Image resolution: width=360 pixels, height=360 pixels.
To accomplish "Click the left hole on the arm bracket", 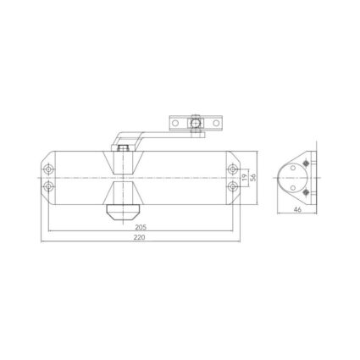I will (176, 124).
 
